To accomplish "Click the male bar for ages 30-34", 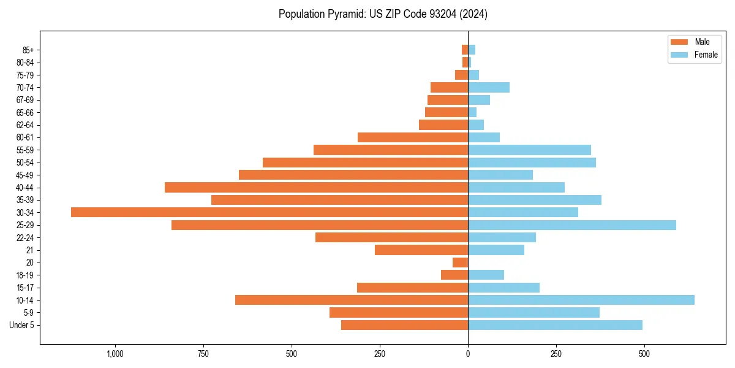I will point(269,212).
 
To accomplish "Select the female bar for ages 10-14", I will point(581,300).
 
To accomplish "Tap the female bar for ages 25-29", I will point(572,225).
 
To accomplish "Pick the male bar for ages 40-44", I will point(316,187).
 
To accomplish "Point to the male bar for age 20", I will point(461,263).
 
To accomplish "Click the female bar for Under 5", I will point(555,325).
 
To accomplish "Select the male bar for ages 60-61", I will point(413,137).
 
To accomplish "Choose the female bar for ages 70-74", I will point(489,87).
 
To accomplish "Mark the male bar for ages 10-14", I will point(352,300).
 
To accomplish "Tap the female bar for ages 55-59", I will point(529,150).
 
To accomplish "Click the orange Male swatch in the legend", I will point(679,42).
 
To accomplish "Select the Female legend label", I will point(706,55).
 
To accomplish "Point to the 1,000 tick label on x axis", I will point(115,354).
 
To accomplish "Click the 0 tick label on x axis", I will point(468,354).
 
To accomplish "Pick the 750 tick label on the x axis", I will point(203,354).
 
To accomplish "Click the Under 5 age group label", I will point(21,325).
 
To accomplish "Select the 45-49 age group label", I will point(25,175).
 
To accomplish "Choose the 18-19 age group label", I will point(25,275).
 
